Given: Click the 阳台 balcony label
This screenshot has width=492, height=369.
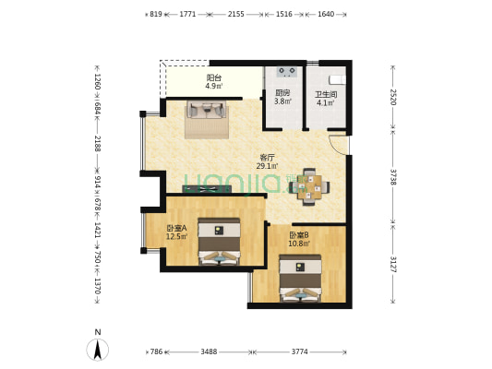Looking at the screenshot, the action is [x=214, y=77].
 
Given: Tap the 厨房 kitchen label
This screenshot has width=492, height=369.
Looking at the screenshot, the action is [x=282, y=93].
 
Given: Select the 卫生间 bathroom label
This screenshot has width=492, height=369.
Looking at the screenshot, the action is [x=326, y=94].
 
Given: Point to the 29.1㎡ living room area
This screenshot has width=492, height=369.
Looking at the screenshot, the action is [x=267, y=166].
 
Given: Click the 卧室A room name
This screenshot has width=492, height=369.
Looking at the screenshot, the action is [x=176, y=228].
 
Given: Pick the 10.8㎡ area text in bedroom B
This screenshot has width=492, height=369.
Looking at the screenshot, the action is [x=299, y=244].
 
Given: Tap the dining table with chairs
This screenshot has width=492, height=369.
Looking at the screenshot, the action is [x=309, y=187].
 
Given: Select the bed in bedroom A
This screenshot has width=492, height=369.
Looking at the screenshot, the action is [x=219, y=242].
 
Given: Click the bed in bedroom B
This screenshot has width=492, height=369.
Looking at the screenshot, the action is [x=300, y=279].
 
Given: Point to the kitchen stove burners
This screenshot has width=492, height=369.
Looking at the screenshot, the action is [x=286, y=72].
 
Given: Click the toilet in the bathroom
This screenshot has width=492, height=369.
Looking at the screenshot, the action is [x=337, y=80].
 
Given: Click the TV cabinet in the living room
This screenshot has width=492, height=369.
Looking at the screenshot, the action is [x=207, y=189].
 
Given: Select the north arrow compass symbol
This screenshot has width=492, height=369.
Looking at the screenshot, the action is [x=98, y=350].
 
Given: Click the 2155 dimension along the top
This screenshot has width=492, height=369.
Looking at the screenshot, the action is [x=236, y=14].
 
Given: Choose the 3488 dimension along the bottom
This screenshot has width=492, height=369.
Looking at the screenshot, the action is [x=209, y=351].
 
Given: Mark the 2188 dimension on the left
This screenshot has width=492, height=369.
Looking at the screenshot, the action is [x=97, y=144].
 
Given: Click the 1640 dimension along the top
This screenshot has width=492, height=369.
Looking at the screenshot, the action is [x=326, y=14].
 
